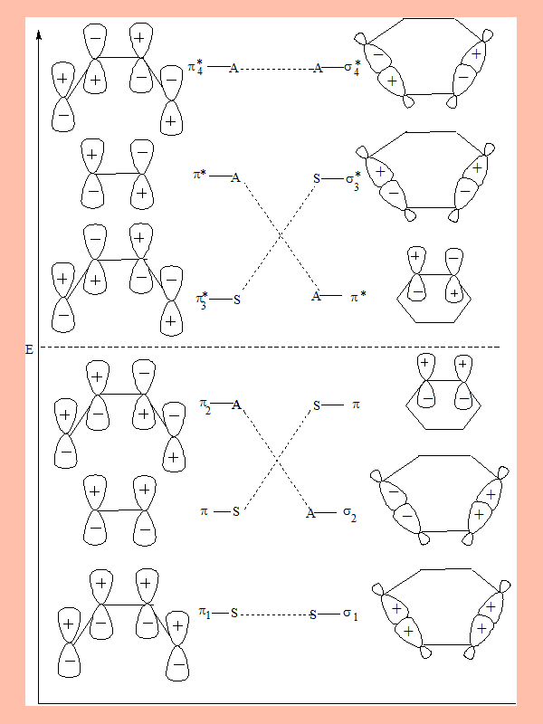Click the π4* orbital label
pos(195,67)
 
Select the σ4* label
pos(352,67)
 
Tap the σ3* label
pos(353,180)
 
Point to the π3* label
pos(202,300)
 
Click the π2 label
pos(205,405)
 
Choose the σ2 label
pos(349,514)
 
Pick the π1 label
pos(205,613)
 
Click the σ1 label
pos(350,614)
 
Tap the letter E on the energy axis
pos(29,349)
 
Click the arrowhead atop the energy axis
pos(39,33)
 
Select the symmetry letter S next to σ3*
pos(317,178)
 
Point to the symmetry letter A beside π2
pos(236,405)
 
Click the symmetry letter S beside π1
pos(234,614)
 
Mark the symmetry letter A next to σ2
pos(310,513)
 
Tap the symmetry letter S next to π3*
pos(237,300)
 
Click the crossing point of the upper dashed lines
pos(280,235)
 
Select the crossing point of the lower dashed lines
pos(277,460)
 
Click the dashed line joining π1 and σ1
pos(274,614)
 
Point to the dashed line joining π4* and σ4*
pos(276,69)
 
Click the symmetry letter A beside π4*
pos(234,69)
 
